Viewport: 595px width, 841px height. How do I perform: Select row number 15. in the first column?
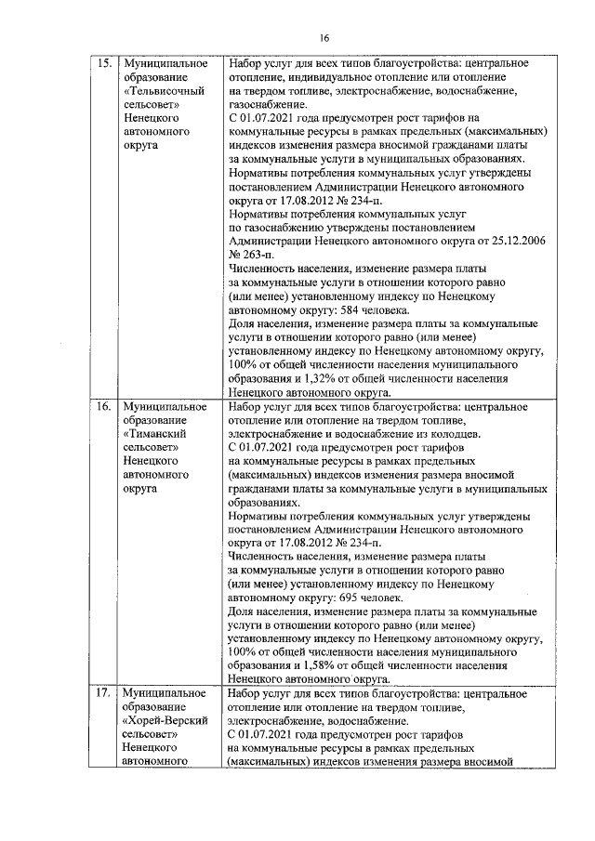(105, 63)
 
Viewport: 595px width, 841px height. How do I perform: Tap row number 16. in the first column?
(105, 407)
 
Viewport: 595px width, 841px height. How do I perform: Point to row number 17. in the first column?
(105, 693)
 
